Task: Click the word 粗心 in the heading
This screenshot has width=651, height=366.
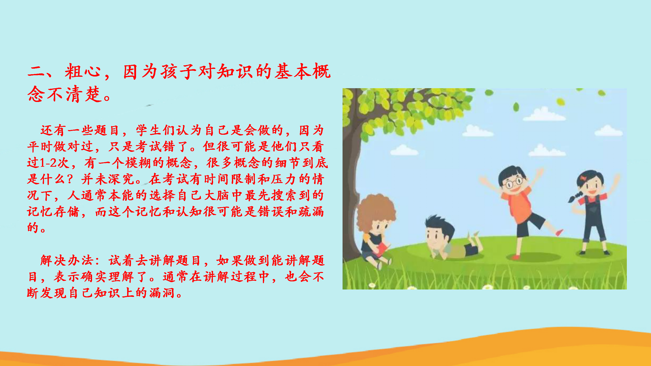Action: [83, 71]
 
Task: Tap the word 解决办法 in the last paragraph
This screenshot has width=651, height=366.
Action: [67, 261]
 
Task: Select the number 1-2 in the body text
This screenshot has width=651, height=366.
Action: [48, 163]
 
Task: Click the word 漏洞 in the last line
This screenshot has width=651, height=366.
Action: [162, 293]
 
